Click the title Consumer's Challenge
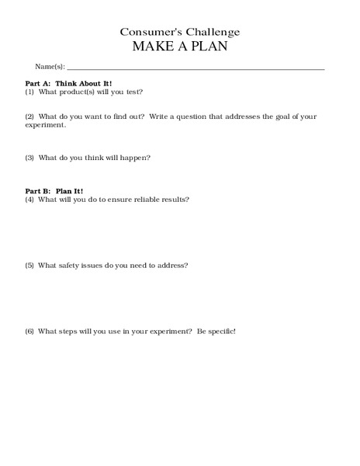coord(179,32)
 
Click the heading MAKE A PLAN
coord(179,47)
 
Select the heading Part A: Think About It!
coord(68,82)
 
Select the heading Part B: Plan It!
coord(54,191)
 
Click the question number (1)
coord(29,91)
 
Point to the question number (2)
coord(29,116)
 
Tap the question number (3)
coord(29,158)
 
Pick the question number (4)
coord(29,200)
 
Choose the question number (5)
coord(29,266)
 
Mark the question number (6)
coord(29,332)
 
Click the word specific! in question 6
coord(220,332)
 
